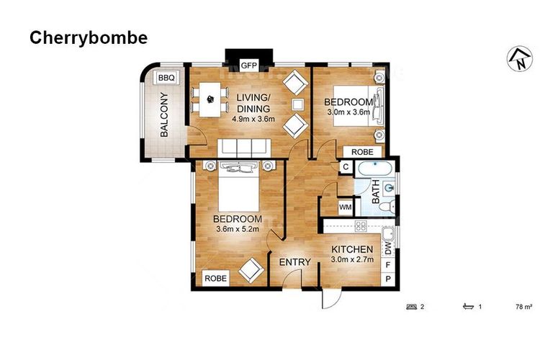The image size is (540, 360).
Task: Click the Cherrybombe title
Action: click(x=89, y=38)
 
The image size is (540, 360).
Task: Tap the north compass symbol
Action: click(x=520, y=60)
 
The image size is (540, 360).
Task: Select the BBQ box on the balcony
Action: click(x=167, y=78)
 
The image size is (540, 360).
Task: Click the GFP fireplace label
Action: click(x=249, y=66)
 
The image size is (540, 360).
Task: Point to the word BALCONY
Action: click(x=165, y=114)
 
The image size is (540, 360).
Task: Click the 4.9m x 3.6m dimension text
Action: click(x=253, y=120)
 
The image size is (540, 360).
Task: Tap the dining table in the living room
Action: click(x=210, y=99)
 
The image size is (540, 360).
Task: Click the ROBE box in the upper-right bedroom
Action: click(x=362, y=152)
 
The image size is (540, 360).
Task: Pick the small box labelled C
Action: click(x=346, y=167)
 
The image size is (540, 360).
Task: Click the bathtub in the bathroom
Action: click(x=375, y=169)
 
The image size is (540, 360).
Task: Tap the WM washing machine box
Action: click(x=346, y=207)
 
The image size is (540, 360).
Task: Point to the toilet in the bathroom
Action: click(x=387, y=207)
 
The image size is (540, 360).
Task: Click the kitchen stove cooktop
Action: click(x=361, y=226)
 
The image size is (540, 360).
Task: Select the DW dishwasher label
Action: click(x=388, y=248)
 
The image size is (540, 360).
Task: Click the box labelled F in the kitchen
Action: click(x=388, y=265)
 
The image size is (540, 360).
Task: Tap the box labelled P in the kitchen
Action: click(x=388, y=279)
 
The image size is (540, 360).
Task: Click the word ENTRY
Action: click(x=294, y=263)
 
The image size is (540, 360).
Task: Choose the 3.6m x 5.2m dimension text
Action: click(x=238, y=228)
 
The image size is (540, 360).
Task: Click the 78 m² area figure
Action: click(x=524, y=307)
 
